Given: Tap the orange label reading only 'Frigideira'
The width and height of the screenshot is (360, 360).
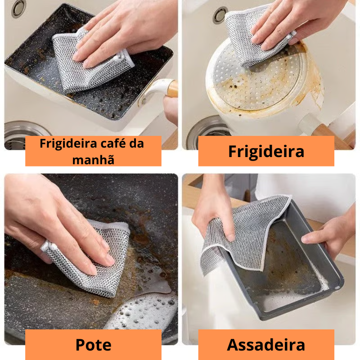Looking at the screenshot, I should click(x=266, y=151).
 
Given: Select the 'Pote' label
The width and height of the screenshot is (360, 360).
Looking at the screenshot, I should click(x=93, y=345).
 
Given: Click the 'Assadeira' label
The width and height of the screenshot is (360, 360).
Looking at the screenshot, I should click(x=266, y=345).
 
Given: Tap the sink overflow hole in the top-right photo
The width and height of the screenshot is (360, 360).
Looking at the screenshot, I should click(x=220, y=14).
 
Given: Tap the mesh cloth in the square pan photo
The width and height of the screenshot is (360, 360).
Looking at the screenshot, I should click(x=85, y=67).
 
